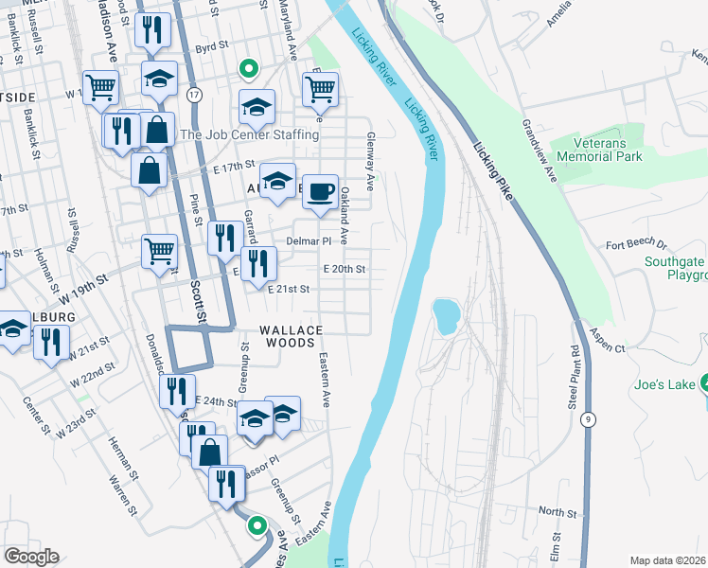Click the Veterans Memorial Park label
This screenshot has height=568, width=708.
tap(600, 149)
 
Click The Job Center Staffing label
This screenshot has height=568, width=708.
tap(249, 135)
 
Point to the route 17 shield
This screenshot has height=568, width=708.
tap(194, 95)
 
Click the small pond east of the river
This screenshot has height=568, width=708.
tap(444, 316)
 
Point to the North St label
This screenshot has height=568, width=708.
tap(558, 511)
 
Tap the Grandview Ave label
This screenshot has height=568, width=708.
tap(536, 151)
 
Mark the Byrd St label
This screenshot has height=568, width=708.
tap(212, 44)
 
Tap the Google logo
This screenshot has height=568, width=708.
tap(31, 557)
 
